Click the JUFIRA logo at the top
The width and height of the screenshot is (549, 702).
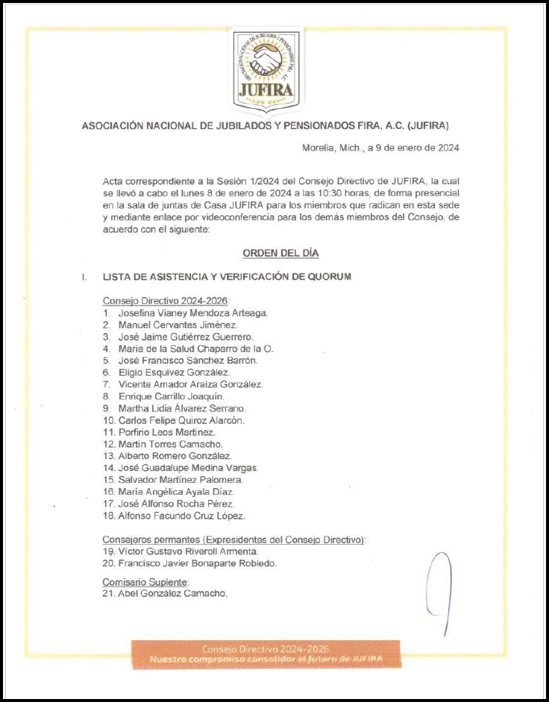point(268,68)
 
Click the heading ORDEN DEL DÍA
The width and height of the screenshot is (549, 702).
point(280,253)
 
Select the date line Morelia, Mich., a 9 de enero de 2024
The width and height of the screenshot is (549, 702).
point(380,148)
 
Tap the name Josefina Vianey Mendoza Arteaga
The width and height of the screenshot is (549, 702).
point(192,313)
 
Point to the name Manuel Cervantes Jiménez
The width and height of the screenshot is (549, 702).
point(178,325)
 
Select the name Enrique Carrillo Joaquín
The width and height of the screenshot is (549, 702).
point(171,396)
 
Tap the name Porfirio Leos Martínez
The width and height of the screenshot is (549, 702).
point(167,432)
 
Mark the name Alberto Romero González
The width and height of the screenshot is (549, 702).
point(175,456)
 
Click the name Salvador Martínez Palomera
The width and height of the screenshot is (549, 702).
point(180,480)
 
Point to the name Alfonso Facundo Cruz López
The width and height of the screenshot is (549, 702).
point(181,516)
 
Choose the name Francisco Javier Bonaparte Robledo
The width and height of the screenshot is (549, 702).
point(197,563)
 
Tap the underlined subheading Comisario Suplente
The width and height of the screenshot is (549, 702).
point(146,581)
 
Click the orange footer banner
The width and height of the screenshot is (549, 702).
point(266,654)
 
